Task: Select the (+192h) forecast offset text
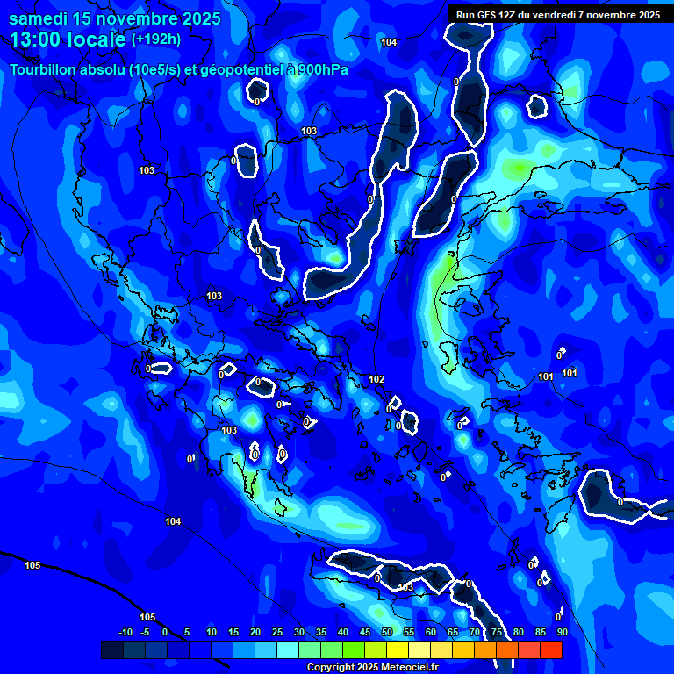click(x=156, y=39)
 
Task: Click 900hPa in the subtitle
click(x=323, y=70)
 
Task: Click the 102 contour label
click(x=376, y=379)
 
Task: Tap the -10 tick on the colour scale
click(x=125, y=632)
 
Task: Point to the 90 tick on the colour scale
click(x=562, y=632)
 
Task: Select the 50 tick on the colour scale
click(x=387, y=632)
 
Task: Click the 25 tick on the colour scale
click(x=277, y=632)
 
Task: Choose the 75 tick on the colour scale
click(x=497, y=632)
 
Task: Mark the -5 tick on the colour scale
click(x=145, y=632)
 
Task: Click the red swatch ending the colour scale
click(x=550, y=649)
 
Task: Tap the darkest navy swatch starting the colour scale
click(x=111, y=649)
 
